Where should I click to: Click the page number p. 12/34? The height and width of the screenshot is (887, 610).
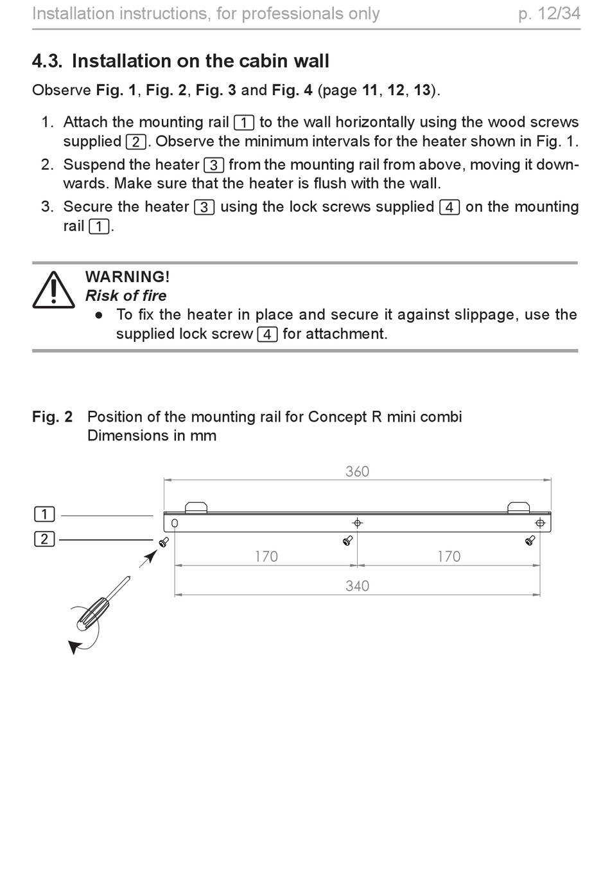[x=549, y=14]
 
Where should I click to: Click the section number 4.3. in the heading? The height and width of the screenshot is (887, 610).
[x=47, y=61]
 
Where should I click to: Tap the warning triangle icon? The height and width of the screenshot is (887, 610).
[x=53, y=289]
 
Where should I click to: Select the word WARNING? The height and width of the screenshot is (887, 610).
[x=127, y=276]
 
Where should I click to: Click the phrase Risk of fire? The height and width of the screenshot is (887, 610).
[x=126, y=296]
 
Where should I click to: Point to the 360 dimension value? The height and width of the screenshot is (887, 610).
[x=357, y=471]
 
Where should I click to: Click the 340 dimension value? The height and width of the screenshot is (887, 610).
[x=357, y=586]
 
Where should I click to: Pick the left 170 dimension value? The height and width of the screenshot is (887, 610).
[x=266, y=557]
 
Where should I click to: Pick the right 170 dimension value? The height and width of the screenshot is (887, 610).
[x=449, y=557]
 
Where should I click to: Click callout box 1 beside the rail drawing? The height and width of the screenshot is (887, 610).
[x=44, y=514]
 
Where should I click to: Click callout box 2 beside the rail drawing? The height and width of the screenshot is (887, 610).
[x=44, y=539]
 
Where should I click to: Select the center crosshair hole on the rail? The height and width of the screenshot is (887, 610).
[x=357, y=523]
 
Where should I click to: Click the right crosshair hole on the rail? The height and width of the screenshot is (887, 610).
[x=540, y=523]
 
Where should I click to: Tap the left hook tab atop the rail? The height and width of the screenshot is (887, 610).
[x=196, y=507]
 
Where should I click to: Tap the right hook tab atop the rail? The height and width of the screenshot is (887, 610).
[x=519, y=507]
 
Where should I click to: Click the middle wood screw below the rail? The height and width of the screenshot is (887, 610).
[x=348, y=541]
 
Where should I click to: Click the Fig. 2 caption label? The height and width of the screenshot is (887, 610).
[x=53, y=417]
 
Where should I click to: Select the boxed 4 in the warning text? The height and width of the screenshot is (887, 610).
[x=267, y=334]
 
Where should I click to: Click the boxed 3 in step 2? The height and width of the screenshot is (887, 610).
[x=214, y=165]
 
